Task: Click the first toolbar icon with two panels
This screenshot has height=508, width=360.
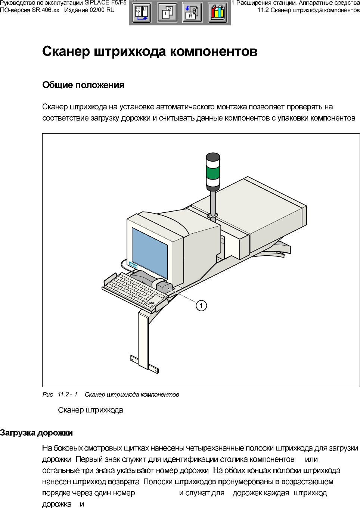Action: tap(142, 13)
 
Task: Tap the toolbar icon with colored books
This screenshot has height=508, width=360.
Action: tap(218, 13)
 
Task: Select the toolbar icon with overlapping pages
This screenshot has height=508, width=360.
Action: tap(167, 13)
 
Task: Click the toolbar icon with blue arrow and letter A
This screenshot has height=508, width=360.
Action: tap(192, 13)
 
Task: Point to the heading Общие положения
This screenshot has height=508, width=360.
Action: tap(83, 85)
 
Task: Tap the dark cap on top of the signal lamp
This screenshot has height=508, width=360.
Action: tap(213, 156)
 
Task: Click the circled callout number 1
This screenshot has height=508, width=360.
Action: tap(201, 306)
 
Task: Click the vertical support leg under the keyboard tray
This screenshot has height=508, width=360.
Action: tap(143, 340)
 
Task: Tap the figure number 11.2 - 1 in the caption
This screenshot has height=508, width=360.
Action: tap(68, 395)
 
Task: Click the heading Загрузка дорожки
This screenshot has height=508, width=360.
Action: tap(36, 433)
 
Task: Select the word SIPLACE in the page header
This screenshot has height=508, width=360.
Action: tap(97, 3)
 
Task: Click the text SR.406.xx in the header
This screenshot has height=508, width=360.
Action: tap(46, 10)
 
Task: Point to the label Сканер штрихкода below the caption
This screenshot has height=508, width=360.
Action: tap(90, 410)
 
